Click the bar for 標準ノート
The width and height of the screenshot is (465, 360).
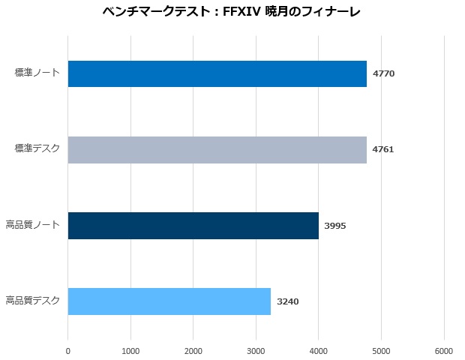(217, 73)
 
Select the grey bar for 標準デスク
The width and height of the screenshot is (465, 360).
(217, 149)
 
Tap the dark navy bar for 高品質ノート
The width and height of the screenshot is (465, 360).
(193, 225)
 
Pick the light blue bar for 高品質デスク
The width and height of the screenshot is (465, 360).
(169, 301)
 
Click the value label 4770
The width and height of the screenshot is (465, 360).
(383, 73)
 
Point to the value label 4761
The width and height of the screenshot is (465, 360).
(383, 149)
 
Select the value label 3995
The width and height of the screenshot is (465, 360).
(335, 225)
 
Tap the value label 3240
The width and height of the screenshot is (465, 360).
(287, 301)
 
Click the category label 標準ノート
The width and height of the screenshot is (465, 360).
(37, 73)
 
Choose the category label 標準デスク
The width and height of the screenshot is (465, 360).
(37, 148)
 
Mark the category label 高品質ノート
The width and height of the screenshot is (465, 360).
(32, 225)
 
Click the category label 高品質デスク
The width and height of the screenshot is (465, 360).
(32, 301)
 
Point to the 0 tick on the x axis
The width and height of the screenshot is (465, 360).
(68, 350)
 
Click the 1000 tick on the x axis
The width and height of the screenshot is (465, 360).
(130, 350)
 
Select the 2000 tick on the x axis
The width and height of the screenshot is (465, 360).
(193, 350)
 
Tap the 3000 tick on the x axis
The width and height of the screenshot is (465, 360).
(256, 350)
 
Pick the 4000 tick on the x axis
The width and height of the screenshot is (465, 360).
(319, 350)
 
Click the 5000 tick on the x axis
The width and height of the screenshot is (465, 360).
(381, 350)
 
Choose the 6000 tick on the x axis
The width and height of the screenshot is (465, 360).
(444, 350)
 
